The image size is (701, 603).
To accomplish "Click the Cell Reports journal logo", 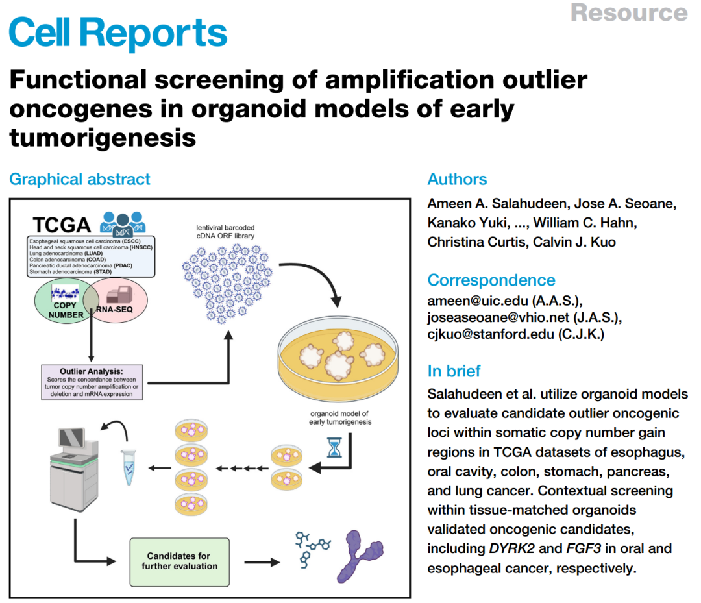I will tap(118, 32).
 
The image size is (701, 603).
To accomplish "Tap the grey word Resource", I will tap(629, 12).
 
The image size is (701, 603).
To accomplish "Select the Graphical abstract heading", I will tap(80, 179).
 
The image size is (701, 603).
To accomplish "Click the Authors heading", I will tap(457, 179).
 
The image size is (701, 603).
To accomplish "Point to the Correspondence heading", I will tap(491, 280).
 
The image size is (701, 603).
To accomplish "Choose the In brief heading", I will tap(454, 371).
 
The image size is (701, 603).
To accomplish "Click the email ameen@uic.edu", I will tap(468, 301).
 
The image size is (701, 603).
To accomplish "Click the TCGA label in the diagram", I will tap(62, 225).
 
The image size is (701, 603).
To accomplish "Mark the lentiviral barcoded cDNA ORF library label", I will tap(226, 232).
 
